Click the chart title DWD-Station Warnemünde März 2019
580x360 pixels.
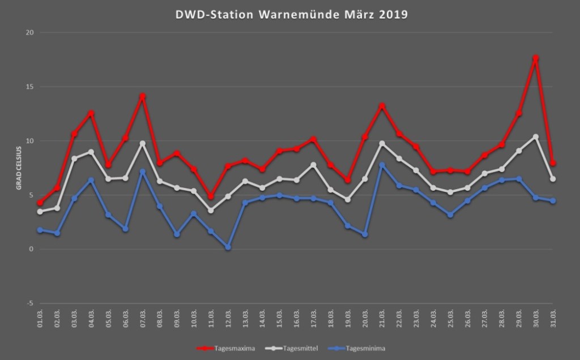coord(290,15)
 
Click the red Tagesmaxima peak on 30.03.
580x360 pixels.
coord(536,58)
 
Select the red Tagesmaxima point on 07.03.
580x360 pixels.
coord(143,96)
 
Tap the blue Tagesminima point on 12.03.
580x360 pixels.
coord(228,247)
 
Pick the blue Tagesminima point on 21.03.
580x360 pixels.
coord(382,165)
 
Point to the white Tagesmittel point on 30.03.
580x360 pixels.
coord(536,136)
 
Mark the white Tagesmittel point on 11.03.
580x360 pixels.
coord(211,210)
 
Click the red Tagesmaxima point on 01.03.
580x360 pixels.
coord(40,203)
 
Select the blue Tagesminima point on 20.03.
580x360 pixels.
coord(365,234)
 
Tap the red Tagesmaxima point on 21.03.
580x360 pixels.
coord(382,106)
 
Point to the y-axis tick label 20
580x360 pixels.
coord(30,33)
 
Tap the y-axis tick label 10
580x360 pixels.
coord(30,141)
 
